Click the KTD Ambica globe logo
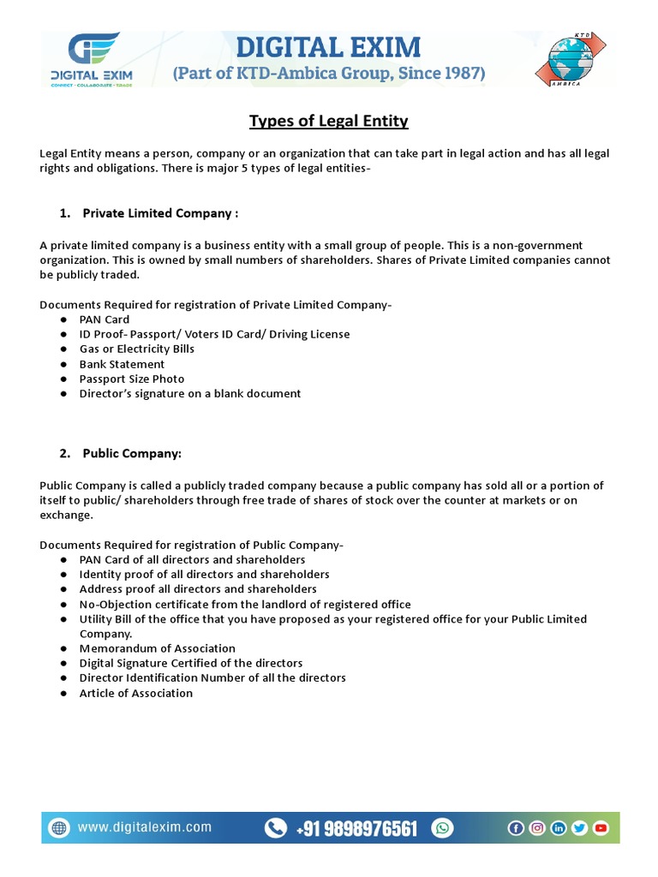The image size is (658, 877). (569, 59)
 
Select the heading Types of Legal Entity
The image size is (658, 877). (329, 121)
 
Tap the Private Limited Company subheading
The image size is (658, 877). (159, 213)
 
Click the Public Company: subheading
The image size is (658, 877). (132, 453)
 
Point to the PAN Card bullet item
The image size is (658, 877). (105, 319)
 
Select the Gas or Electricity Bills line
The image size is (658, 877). (137, 349)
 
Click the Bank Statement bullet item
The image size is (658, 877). (122, 364)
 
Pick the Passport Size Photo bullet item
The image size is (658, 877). (132, 379)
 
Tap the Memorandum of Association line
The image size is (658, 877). (158, 648)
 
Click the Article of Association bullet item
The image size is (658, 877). (136, 693)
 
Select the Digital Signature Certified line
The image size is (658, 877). (191, 663)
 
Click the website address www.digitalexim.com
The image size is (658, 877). (145, 827)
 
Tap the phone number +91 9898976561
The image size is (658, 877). (357, 828)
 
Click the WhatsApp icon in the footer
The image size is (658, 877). (442, 827)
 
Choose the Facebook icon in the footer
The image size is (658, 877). (516, 827)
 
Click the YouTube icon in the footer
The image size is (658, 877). (601, 827)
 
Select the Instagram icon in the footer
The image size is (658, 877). (537, 827)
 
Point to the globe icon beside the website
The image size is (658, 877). (59, 827)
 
